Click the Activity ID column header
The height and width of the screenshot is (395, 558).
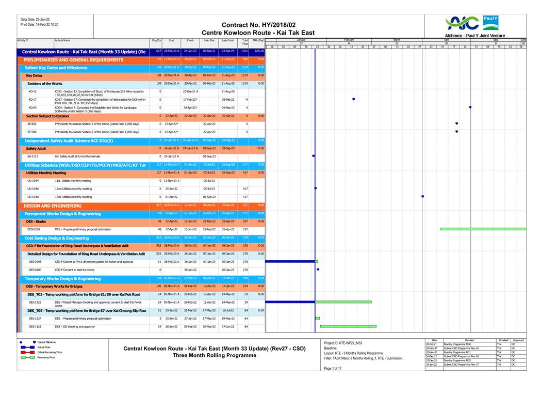point(23,40)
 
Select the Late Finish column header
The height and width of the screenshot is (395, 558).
point(228,40)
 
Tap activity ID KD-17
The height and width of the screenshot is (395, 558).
point(32,100)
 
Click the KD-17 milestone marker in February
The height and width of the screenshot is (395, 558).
point(353,99)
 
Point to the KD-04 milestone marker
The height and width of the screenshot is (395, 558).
point(470,107)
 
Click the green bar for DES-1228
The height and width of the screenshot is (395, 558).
point(483,229)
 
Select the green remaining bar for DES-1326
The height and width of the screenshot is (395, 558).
point(348,326)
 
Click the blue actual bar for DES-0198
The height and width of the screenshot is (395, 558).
point(290,262)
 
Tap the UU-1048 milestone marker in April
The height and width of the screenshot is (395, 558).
point(422,197)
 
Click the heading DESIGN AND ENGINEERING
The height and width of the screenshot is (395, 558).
point(52,206)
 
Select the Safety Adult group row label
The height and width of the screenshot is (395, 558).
point(36,149)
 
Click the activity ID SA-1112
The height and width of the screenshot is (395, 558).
point(32,156)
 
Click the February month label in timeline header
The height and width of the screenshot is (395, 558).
point(349,39)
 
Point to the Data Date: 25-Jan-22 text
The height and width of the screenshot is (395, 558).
point(35,19)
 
